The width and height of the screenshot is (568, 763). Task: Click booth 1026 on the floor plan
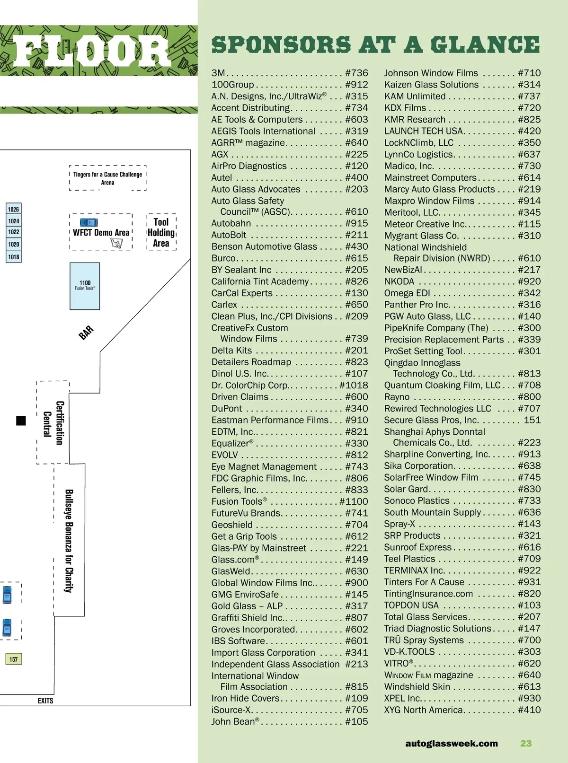13,209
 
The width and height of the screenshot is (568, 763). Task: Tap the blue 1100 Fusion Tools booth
85,286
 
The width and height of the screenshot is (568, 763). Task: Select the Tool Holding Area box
161,232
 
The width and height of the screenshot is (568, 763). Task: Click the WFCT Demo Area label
101,232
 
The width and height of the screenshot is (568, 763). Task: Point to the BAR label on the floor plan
86,333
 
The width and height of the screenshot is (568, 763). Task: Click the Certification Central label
53,422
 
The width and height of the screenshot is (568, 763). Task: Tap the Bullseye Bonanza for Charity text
69,540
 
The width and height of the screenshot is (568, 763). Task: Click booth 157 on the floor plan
13,659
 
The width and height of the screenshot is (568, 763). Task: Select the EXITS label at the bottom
45,701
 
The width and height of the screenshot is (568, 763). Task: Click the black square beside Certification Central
21,421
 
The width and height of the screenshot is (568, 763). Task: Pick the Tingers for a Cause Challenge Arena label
107,178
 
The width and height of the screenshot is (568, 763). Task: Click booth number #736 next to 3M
356,73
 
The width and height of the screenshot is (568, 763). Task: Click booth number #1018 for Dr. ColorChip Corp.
354,385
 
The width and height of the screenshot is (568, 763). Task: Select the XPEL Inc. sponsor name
402,698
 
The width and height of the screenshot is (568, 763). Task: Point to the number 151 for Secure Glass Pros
532,420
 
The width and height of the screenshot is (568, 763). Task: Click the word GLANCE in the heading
485,45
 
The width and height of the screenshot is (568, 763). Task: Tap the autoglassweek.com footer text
451,743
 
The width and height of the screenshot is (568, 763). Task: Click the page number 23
526,743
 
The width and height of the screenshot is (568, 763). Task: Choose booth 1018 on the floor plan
13,257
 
